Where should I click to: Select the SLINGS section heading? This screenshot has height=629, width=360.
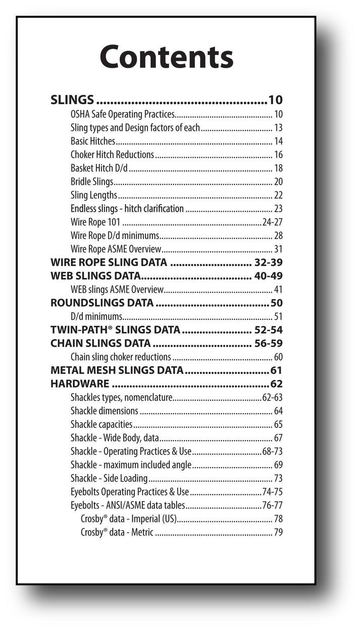point(72,100)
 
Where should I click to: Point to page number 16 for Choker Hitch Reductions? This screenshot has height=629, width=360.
point(278,155)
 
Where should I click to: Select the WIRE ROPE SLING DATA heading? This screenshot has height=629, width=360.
point(109,262)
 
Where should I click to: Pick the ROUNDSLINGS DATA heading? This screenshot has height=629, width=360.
point(102,303)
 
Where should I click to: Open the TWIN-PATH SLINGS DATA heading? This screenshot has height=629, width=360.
point(115,330)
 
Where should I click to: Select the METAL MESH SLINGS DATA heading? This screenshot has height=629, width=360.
point(117,370)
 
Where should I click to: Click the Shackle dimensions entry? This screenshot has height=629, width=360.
point(105,411)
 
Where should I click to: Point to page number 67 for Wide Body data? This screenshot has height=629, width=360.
point(278,438)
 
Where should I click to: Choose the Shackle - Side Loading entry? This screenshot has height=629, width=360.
point(109,478)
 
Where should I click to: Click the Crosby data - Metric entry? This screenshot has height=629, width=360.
point(117,533)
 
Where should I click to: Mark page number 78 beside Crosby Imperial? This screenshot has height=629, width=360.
point(278,519)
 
